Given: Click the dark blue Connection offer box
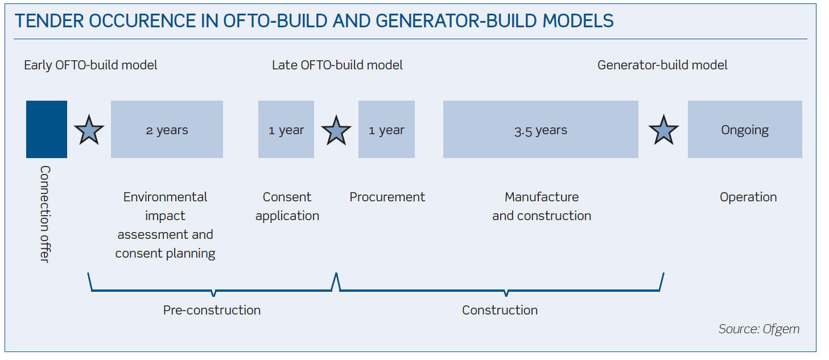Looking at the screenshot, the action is [x=47, y=129].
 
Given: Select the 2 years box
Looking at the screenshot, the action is [x=167, y=129].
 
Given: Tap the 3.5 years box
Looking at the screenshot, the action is [x=541, y=129].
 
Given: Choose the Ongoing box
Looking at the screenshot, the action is [x=745, y=129].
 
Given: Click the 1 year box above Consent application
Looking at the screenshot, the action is [x=286, y=129].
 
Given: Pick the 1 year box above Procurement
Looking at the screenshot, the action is [x=386, y=129].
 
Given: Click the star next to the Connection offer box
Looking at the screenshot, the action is [x=89, y=130].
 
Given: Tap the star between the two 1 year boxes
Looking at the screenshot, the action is [x=336, y=131].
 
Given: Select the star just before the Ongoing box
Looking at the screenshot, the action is [x=663, y=130].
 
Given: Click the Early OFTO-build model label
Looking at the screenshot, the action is [x=90, y=65].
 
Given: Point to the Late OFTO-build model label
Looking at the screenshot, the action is [x=337, y=65].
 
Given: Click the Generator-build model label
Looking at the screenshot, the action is [x=662, y=65].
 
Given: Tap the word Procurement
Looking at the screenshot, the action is [x=387, y=197].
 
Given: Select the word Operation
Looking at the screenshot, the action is [x=748, y=197].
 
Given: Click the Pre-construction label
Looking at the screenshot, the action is [x=212, y=310].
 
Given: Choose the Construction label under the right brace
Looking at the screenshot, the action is [x=500, y=310].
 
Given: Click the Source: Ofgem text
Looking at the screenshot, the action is [x=759, y=329].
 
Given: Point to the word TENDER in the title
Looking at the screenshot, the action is [x=50, y=20].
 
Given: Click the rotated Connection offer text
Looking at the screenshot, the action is [x=45, y=214].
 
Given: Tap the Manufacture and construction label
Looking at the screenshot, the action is [x=542, y=206].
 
